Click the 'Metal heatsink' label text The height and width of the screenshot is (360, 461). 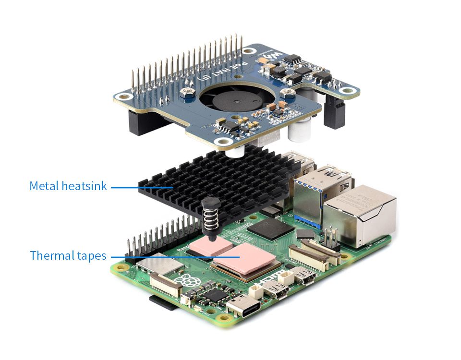68,186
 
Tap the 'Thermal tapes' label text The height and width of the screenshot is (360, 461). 68,255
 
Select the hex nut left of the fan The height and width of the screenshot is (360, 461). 186,91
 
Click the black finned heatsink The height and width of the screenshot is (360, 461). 216,178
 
